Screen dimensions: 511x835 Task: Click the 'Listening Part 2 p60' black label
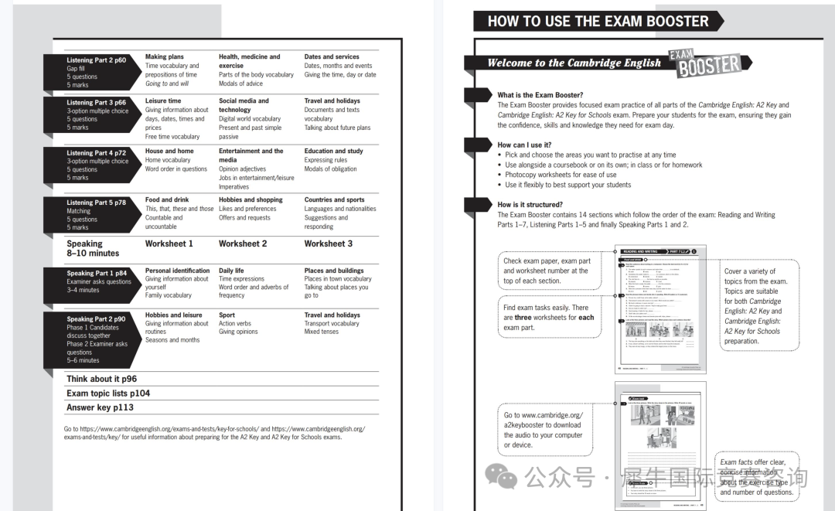coord(96,60)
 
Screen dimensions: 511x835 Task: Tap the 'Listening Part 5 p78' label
coord(96,203)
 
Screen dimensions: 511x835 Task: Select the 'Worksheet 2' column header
coord(243,244)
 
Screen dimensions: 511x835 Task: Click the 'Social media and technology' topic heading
coord(244,105)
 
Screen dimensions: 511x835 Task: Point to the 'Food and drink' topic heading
coord(167,199)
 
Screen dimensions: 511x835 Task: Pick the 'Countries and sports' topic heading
coord(334,199)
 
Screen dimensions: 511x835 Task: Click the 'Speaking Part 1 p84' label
coord(96,274)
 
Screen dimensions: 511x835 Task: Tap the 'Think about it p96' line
coord(101,379)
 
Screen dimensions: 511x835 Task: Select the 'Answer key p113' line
coord(100,407)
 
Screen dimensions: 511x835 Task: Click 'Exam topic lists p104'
coord(108,393)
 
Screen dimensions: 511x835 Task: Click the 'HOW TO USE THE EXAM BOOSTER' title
coord(598,22)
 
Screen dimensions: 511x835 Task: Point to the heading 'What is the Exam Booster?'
coord(540,96)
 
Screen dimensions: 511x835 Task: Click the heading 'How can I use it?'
coord(524,145)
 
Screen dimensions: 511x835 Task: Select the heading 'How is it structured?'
coord(530,205)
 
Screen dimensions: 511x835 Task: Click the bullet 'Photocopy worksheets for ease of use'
coord(561,175)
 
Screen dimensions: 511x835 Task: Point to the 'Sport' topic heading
coord(227,315)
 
